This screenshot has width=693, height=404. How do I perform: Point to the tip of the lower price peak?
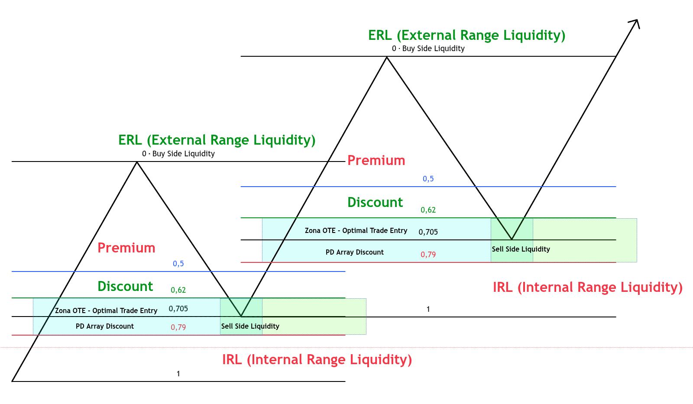[x=137, y=162]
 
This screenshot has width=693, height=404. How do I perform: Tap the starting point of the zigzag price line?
[x=13, y=381]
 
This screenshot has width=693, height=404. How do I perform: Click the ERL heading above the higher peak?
[x=466, y=35]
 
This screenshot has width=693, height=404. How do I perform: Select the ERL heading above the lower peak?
[x=217, y=140]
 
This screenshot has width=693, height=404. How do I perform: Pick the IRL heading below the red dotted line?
[x=317, y=359]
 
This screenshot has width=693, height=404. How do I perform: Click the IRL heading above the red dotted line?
[x=587, y=287]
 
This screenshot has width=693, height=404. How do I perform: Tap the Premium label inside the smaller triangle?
[x=126, y=248]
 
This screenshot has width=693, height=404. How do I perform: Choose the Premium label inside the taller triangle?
[x=376, y=160]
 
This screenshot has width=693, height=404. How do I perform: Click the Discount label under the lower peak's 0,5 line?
[x=125, y=286]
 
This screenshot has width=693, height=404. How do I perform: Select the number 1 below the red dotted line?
[x=178, y=374]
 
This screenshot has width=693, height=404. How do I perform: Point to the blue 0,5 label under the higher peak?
[x=428, y=179]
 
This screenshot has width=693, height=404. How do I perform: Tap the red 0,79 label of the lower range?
[x=178, y=327]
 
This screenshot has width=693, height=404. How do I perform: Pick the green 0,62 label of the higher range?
[x=428, y=210]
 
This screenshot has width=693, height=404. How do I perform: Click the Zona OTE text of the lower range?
[x=106, y=310]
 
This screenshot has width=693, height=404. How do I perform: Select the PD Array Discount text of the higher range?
[x=355, y=252]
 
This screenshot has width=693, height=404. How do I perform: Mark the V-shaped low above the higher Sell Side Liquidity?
[x=512, y=239]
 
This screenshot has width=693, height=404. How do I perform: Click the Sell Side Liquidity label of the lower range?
[x=250, y=326]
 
